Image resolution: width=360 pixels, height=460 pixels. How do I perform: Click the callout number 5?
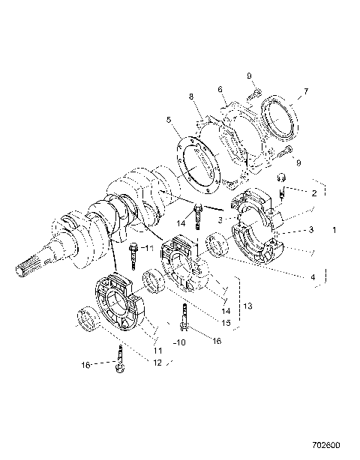point(170,118)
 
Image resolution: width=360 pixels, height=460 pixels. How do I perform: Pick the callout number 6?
point(220,90)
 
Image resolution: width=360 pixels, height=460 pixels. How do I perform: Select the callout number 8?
point(191,97)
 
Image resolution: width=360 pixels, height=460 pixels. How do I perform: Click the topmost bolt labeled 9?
point(254,94)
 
